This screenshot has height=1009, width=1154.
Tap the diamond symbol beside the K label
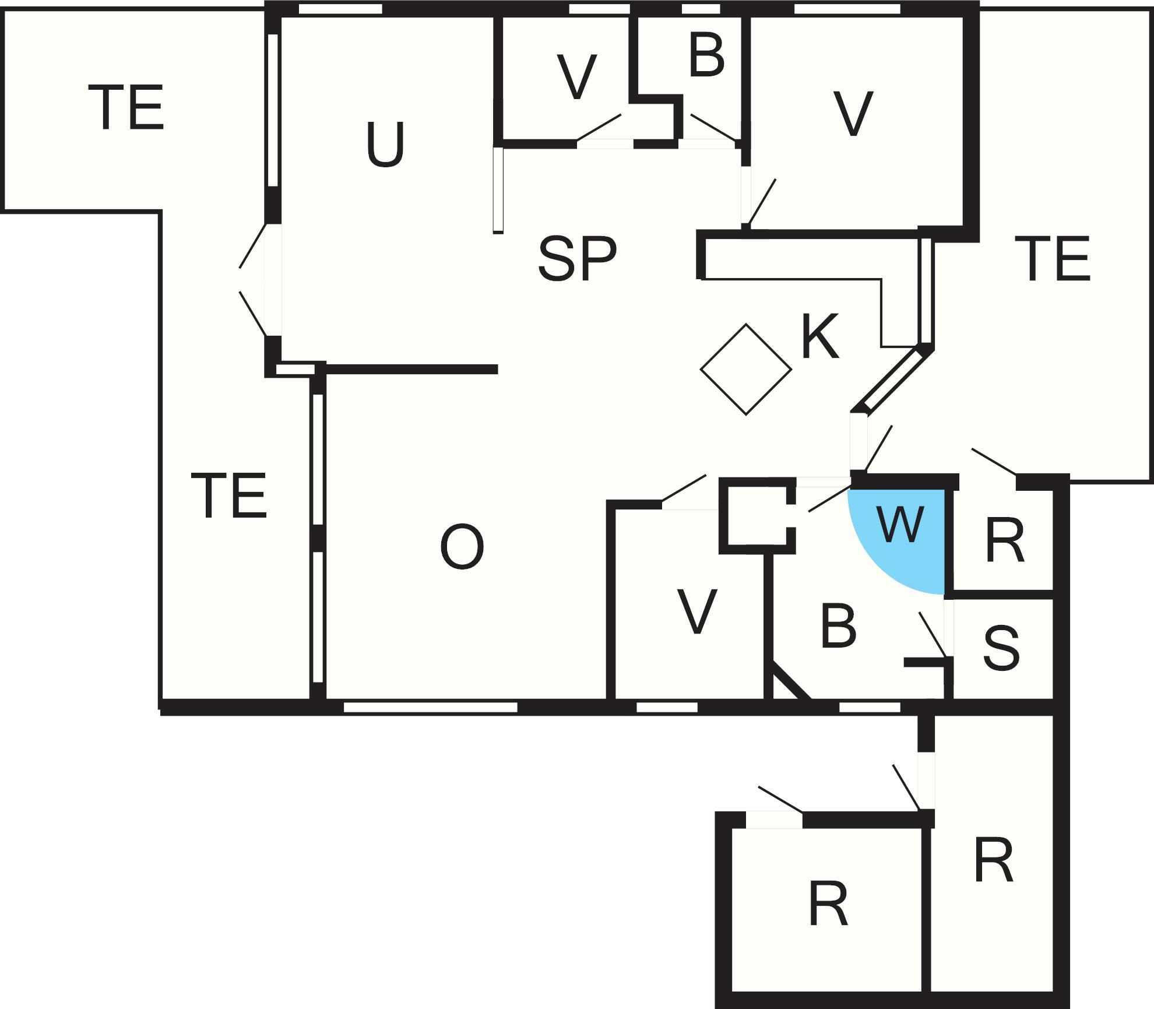pyautogui.click(x=745, y=369)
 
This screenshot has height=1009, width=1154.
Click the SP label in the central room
pyautogui.click(x=576, y=258)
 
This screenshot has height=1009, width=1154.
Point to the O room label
pyautogui.click(x=462, y=547)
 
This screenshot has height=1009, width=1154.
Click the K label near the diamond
pyautogui.click(x=820, y=337)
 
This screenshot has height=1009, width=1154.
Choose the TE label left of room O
pyautogui.click(x=229, y=496)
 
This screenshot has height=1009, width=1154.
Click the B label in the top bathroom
pyautogui.click(x=706, y=55)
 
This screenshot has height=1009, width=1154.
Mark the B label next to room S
pyautogui.click(x=839, y=627)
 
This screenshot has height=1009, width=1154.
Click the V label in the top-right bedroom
pyautogui.click(x=853, y=114)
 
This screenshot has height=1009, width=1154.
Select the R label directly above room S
pyautogui.click(x=1005, y=542)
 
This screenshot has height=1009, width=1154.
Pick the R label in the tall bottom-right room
pyautogui.click(x=994, y=861)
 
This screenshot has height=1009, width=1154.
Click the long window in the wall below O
pyautogui.click(x=430, y=707)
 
